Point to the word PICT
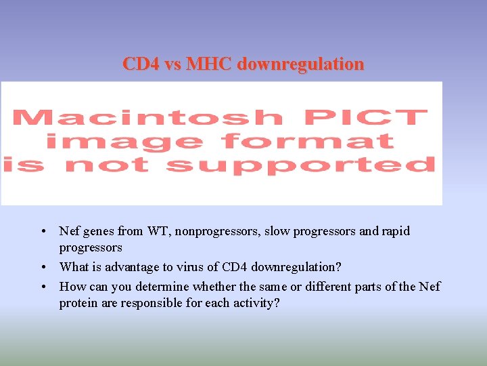[366, 118]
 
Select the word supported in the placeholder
[300, 165]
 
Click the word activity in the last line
[255, 303]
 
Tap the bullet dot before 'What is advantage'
[43, 267]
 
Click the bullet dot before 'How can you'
[43, 286]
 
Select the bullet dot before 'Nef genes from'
[43, 231]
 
